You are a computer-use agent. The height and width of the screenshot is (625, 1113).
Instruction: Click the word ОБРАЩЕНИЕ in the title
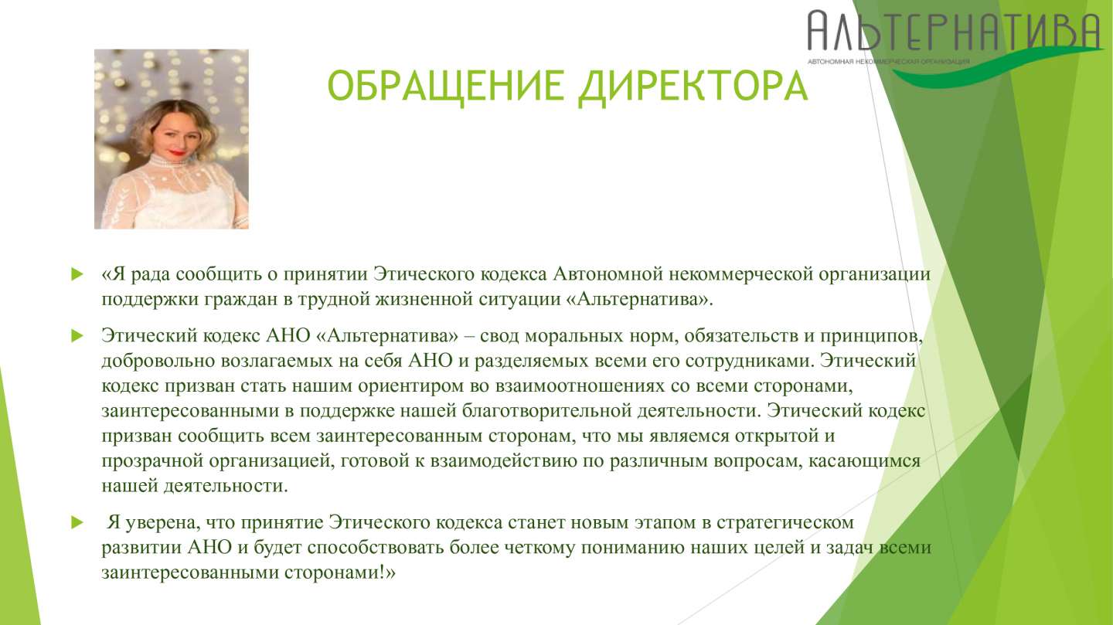coord(446,86)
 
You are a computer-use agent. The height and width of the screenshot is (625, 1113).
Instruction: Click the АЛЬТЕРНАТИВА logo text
coord(954,32)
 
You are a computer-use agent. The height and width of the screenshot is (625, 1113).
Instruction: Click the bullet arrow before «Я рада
coord(77,274)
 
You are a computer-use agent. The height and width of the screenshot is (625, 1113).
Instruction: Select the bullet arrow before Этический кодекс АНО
coord(77,336)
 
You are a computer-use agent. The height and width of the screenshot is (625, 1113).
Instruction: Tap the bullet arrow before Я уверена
coord(77,522)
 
